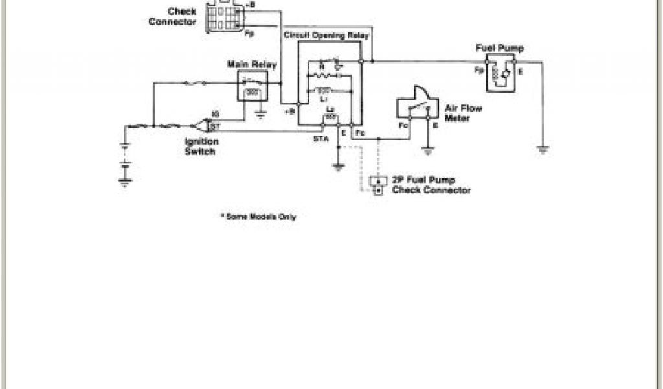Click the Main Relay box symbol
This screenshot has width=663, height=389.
[253, 87]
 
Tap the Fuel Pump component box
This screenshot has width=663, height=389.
[500, 73]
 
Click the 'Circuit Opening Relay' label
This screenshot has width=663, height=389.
[326, 36]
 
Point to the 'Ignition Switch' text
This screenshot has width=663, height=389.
[199, 147]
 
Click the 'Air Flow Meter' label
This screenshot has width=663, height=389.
[463, 113]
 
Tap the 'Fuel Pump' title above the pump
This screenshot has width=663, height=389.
[500, 49]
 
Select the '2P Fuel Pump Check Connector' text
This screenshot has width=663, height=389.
[431, 185]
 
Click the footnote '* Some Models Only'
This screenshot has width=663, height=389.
[258, 217]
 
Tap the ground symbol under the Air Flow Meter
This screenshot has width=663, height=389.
[427, 152]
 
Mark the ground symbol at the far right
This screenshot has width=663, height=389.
[543, 150]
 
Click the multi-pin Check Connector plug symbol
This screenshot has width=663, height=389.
[225, 16]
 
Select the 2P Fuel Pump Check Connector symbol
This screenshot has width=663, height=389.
[377, 185]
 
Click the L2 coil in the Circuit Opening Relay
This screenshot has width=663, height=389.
[330, 117]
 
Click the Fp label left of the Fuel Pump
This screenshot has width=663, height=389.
[478, 69]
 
